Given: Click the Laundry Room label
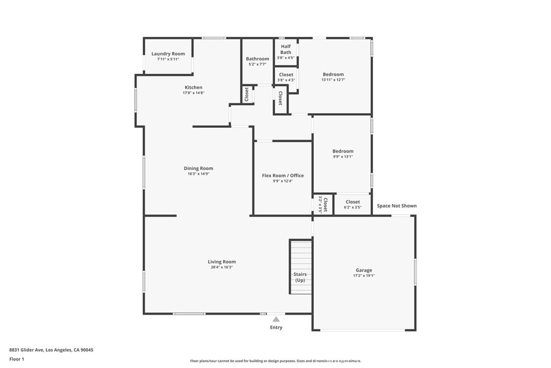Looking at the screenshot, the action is pyautogui.click(x=168, y=54).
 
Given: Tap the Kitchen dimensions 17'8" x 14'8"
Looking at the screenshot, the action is pyautogui.click(x=193, y=93).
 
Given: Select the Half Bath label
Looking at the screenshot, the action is pyautogui.click(x=286, y=49).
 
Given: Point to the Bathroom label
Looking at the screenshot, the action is pyautogui.click(x=258, y=59).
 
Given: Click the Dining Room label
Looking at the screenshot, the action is pyautogui.click(x=199, y=168).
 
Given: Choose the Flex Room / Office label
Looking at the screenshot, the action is pyautogui.click(x=283, y=176).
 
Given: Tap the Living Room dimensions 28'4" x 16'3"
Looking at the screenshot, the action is pyautogui.click(x=222, y=267).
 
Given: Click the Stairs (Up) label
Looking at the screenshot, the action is pyautogui.click(x=300, y=277).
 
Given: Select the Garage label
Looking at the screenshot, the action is pyautogui.click(x=364, y=270).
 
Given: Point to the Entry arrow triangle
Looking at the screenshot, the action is pyautogui.click(x=276, y=319).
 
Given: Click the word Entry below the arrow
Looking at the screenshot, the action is pyautogui.click(x=276, y=328).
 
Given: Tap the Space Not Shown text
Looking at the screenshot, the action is pyautogui.click(x=397, y=206).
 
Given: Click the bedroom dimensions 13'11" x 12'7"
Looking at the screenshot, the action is pyautogui.click(x=333, y=80).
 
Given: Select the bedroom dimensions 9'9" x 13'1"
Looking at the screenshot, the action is pyautogui.click(x=343, y=157).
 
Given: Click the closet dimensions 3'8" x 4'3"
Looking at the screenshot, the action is pyautogui.click(x=286, y=80).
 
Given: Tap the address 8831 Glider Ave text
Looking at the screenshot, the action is pyautogui.click(x=26, y=350).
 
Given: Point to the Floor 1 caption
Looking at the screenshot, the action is pyautogui.click(x=17, y=359).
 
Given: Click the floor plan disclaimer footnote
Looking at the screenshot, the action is pyautogui.click(x=275, y=361).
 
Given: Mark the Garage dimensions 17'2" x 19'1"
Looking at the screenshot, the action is pyautogui.click(x=364, y=276).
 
